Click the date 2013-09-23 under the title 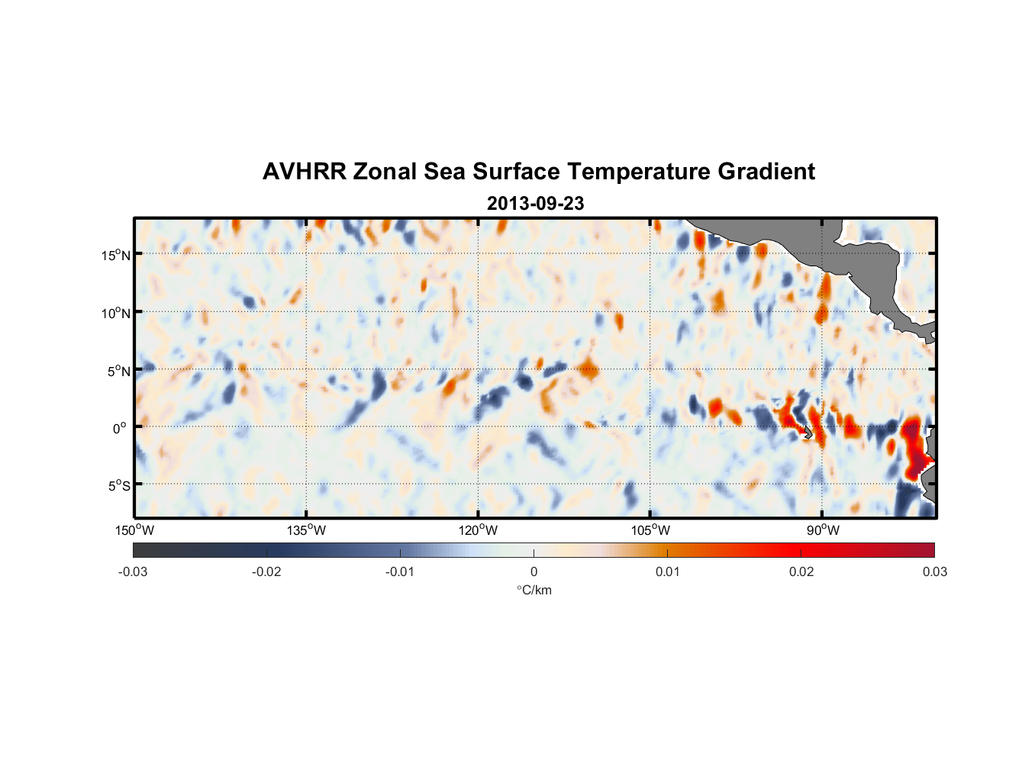[x=535, y=204]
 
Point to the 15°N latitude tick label [x=116, y=255]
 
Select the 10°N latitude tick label [x=116, y=313]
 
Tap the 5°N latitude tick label [x=118, y=371]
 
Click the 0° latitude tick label [x=120, y=429]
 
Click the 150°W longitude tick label [x=135, y=530]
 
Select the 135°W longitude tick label [x=307, y=530]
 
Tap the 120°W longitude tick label [x=479, y=530]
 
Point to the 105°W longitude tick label [x=650, y=530]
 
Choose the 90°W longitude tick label [x=823, y=530]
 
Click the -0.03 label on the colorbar [x=133, y=572]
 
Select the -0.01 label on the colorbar [x=400, y=572]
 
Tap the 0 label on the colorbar [x=534, y=572]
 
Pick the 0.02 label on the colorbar [x=801, y=572]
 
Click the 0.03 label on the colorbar [x=934, y=572]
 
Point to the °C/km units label [x=534, y=590]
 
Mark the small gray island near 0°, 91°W [x=808, y=432]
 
